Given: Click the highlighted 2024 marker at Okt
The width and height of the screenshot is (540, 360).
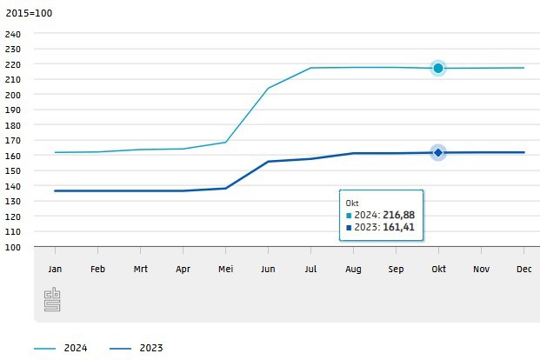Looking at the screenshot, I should (x=438, y=68).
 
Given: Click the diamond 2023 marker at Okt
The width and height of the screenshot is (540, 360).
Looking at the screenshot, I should (x=438, y=153).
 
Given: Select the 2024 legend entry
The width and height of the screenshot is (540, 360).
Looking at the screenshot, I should (x=75, y=348).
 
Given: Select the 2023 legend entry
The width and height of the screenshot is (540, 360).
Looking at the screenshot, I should (x=151, y=348).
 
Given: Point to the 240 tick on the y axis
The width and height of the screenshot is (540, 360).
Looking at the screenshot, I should (x=13, y=34).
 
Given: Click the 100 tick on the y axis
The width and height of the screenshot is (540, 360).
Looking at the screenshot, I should (x=13, y=247).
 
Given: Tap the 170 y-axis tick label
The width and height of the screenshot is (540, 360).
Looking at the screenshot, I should (x=13, y=140).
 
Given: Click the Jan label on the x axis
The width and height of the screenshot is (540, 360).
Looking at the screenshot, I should (x=55, y=270).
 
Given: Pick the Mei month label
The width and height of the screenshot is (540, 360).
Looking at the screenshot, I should (x=225, y=270).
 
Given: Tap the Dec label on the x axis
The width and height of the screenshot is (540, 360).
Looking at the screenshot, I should (x=524, y=270).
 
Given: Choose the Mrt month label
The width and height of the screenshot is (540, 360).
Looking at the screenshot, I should (x=140, y=270).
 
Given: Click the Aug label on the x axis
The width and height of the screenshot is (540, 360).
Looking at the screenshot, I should (x=353, y=270).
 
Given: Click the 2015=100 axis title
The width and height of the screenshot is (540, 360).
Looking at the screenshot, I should (x=28, y=13).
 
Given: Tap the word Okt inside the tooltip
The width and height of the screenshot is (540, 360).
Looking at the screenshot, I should (x=353, y=203).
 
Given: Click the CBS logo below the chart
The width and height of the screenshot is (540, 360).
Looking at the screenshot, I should (x=51, y=301).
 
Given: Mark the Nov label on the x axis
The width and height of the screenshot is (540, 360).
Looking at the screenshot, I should (x=482, y=270).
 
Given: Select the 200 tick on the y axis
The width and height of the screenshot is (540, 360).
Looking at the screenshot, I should (x=13, y=95).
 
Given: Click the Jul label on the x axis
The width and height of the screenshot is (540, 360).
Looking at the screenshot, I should (x=310, y=270).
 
